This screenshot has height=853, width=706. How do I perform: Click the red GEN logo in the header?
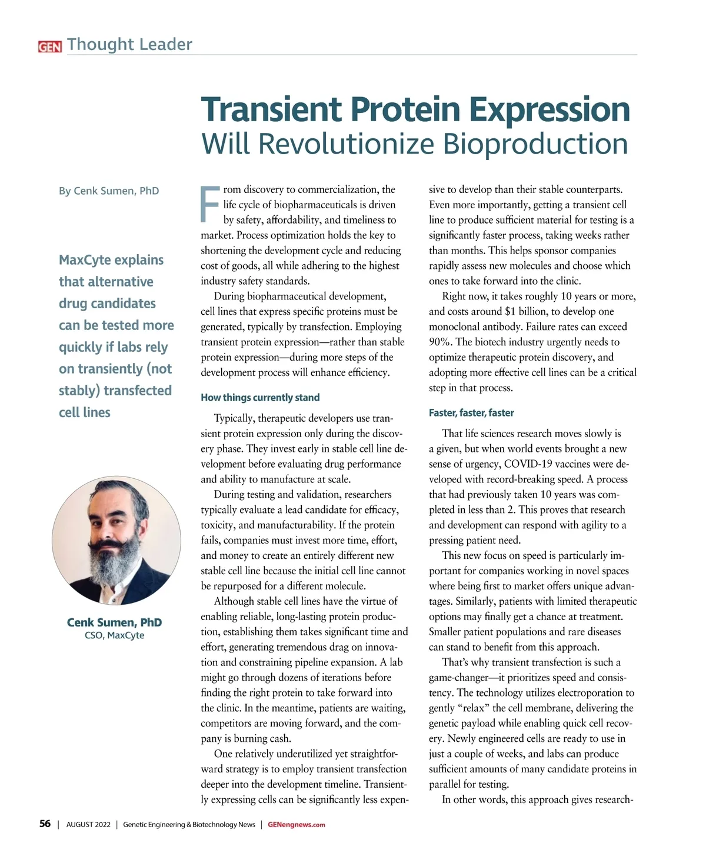pyautogui.click(x=49, y=46)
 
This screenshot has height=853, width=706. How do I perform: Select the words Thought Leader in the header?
pyautogui.click(x=129, y=44)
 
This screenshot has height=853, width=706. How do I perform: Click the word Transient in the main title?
pyautogui.click(x=272, y=109)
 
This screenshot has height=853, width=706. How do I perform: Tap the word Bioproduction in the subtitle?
pyautogui.click(x=535, y=144)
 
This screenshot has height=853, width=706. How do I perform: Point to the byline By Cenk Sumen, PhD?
pyautogui.click(x=109, y=191)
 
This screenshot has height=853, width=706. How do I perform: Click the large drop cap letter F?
pyautogui.click(x=210, y=205)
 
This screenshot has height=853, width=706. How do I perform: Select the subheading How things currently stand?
pyautogui.click(x=260, y=398)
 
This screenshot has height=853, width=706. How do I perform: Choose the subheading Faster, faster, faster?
pyautogui.click(x=471, y=413)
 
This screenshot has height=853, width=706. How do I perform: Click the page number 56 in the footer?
pyautogui.click(x=45, y=824)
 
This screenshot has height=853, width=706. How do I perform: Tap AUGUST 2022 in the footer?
pyautogui.click(x=88, y=825)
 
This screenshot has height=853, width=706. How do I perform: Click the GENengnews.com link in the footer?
pyautogui.click(x=296, y=825)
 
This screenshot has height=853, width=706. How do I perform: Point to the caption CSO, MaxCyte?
pyautogui.click(x=114, y=635)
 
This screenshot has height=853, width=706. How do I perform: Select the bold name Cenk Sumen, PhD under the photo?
pyautogui.click(x=114, y=622)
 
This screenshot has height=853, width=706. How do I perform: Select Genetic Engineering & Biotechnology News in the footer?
pyautogui.click(x=189, y=825)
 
